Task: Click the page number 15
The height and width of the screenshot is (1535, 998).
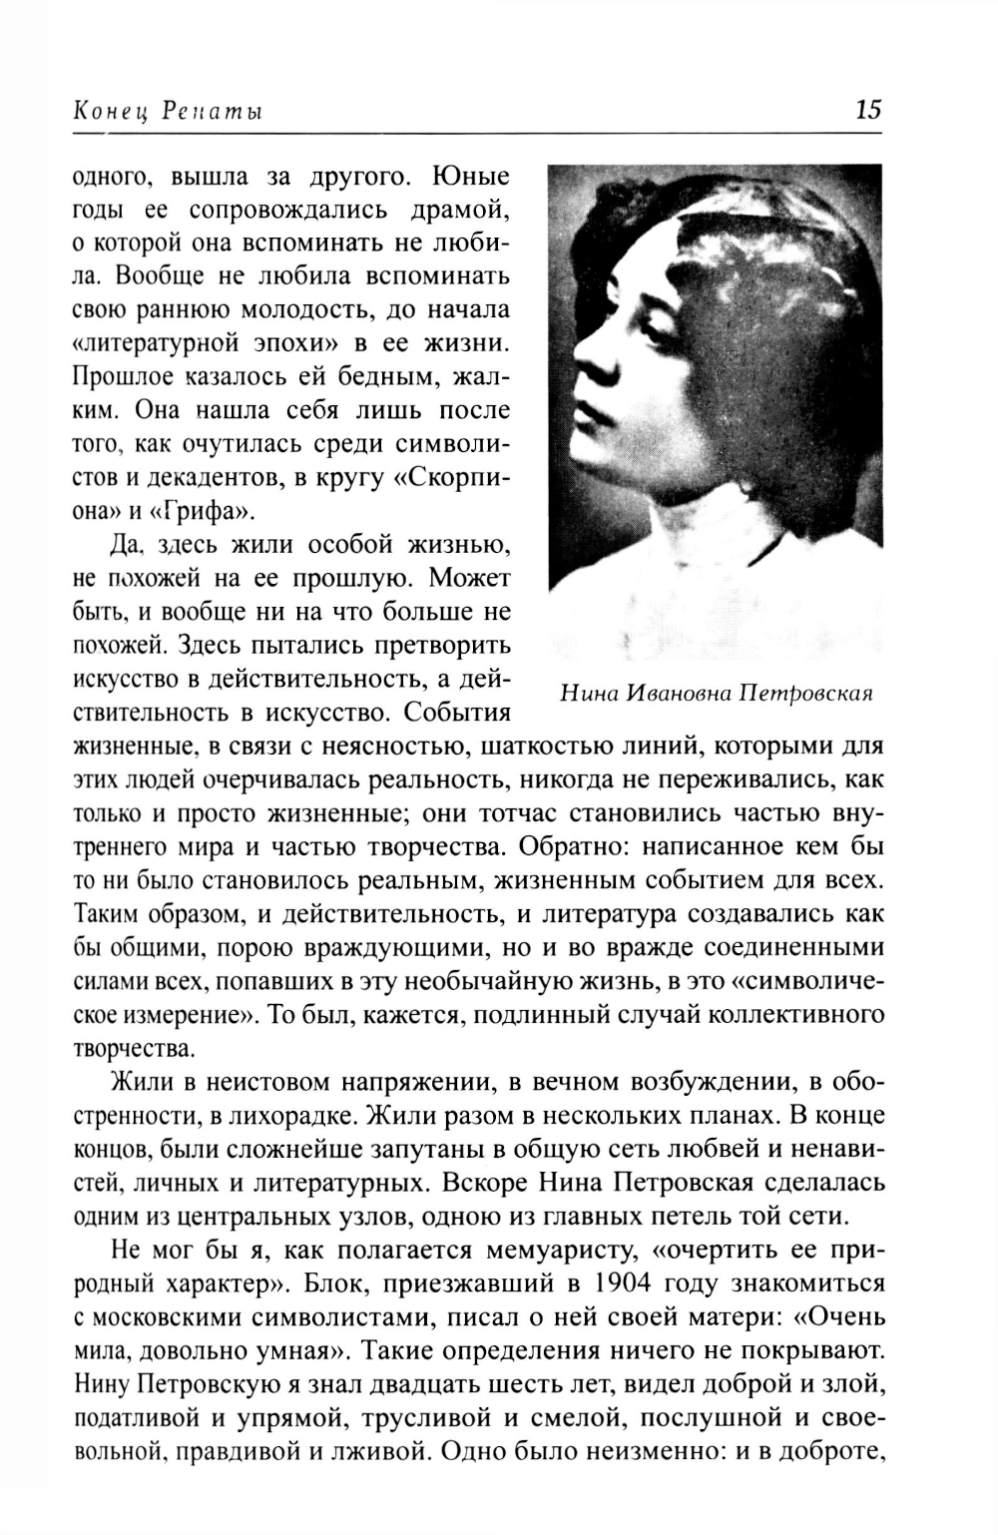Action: click(x=867, y=109)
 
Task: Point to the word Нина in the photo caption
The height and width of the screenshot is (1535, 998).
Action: click(x=587, y=693)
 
